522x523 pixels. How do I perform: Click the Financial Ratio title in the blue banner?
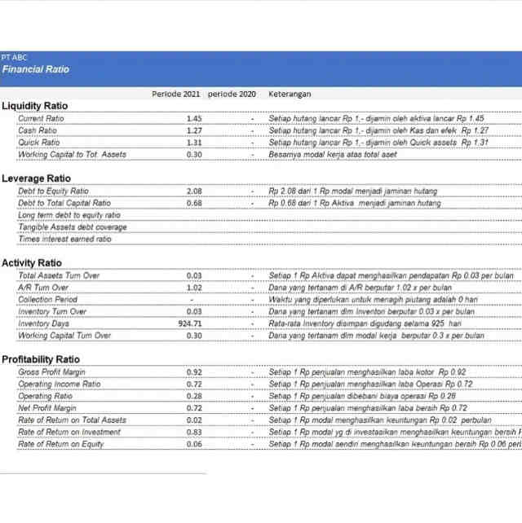point(35,69)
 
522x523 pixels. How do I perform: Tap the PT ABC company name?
point(14,58)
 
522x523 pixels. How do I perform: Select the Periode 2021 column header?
point(175,94)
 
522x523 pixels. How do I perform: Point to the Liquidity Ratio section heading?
point(34,106)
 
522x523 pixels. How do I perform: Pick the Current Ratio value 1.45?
point(194,119)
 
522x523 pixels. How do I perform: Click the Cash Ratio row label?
point(38,130)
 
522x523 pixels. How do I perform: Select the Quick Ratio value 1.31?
point(194,143)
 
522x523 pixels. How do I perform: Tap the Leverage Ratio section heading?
point(36,178)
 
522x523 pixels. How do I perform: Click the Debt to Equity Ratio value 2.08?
point(194,191)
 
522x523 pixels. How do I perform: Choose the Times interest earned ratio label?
point(64,240)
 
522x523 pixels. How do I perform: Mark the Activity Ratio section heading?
point(31,263)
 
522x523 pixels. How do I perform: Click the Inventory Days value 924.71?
point(190,323)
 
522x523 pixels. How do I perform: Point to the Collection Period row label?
point(48,300)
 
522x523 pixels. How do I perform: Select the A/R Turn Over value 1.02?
point(194,288)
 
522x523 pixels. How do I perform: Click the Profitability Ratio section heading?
point(41,359)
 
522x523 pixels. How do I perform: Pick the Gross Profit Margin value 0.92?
point(194,372)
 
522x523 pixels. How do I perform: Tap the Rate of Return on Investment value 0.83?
point(194,432)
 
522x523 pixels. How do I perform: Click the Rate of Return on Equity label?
point(61,444)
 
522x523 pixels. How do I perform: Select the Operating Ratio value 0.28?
point(194,396)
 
